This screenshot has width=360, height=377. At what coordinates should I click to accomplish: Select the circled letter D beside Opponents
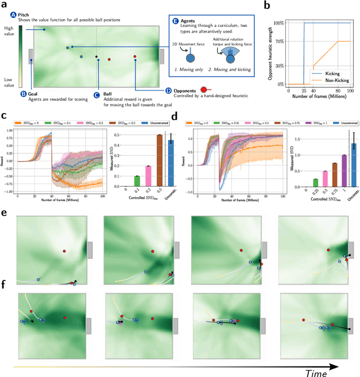(x=169, y=90)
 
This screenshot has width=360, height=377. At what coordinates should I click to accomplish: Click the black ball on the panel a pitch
(x=97, y=56)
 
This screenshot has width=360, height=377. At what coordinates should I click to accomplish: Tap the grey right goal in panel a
(x=161, y=57)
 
